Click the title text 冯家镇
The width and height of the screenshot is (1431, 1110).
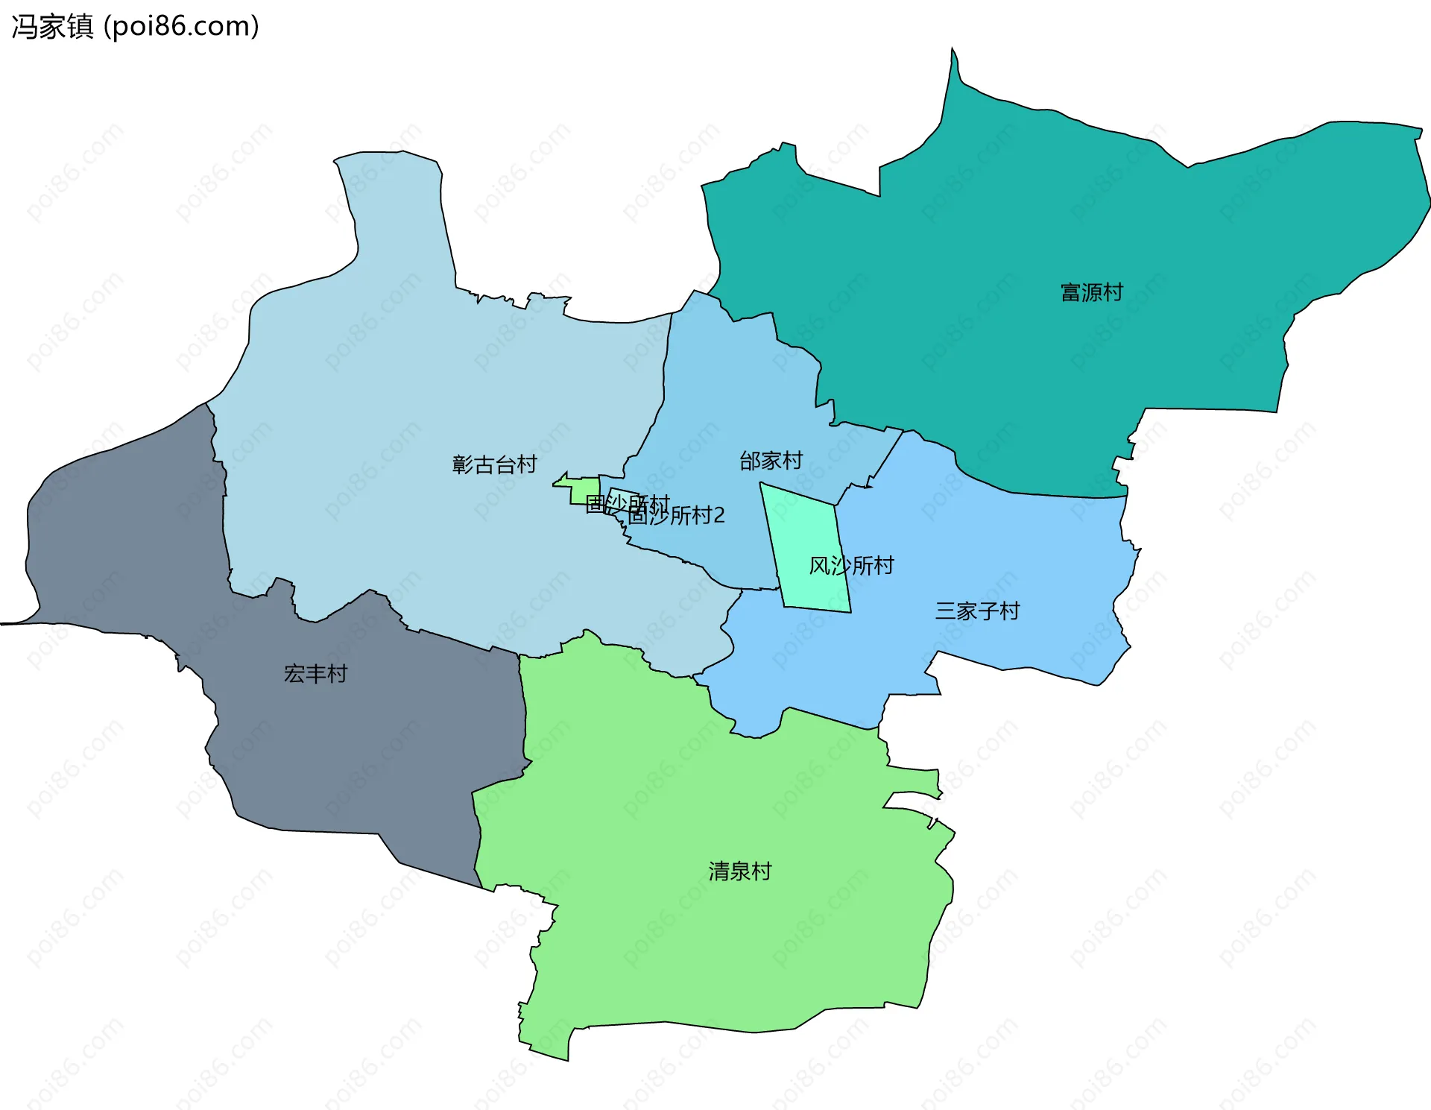[x=52, y=27]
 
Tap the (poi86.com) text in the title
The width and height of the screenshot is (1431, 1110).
[x=181, y=27]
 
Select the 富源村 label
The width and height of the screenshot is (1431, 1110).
[x=1091, y=292]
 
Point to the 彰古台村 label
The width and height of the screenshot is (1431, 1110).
[x=494, y=464]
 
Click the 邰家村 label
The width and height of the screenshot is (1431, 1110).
[x=771, y=461]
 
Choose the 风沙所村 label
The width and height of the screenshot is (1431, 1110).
[x=851, y=566]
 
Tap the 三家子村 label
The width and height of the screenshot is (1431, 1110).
[x=977, y=611]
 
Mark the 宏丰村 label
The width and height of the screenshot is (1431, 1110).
[x=315, y=674]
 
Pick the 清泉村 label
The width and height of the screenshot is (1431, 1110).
[x=739, y=871]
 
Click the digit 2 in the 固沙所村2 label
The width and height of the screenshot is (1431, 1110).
[x=718, y=515]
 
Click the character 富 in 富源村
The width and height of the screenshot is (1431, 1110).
[x=1071, y=292]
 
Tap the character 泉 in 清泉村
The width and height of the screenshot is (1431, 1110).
[x=739, y=871]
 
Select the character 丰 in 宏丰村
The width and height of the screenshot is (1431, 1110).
[x=315, y=674]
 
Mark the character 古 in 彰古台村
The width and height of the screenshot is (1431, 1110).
[x=484, y=464]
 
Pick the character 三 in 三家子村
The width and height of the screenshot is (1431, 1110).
[x=946, y=611]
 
